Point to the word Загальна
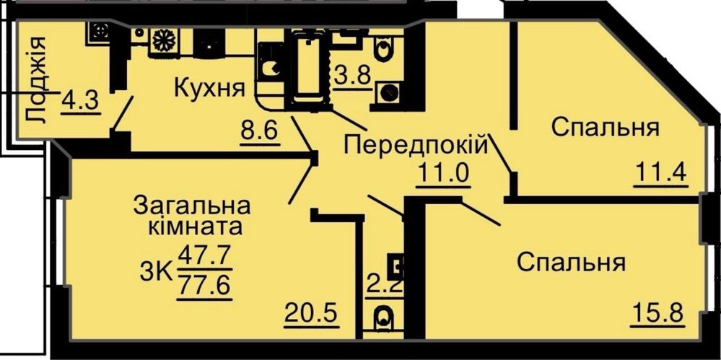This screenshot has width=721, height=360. tap(192, 206)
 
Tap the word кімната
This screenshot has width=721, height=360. tap(194, 228)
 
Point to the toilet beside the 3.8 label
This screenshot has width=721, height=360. tap(383, 50)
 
